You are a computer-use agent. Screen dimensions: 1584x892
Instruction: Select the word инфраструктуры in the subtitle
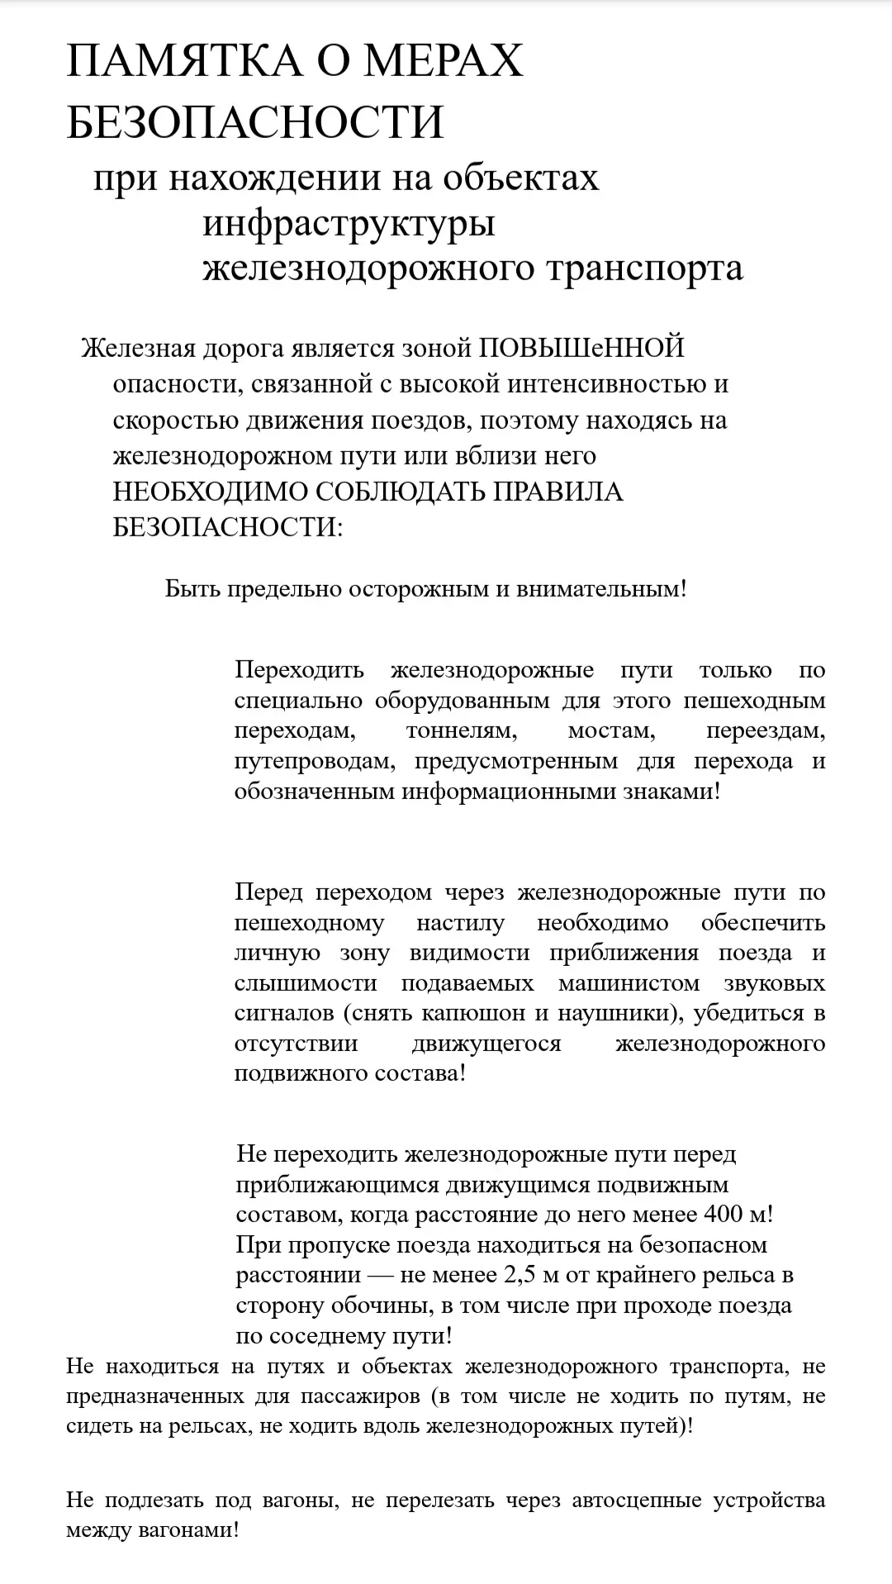pyautogui.click(x=349, y=224)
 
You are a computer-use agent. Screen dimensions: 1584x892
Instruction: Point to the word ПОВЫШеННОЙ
pyautogui.click(x=581, y=348)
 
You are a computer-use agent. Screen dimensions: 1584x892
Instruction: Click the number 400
pyautogui.click(x=724, y=1215)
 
